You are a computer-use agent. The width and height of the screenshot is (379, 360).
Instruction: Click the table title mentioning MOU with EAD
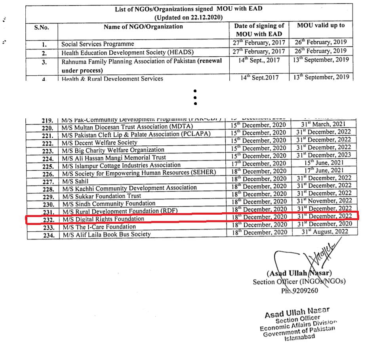tap(189, 9)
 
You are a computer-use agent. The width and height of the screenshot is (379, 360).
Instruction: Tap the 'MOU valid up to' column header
tap(321, 25)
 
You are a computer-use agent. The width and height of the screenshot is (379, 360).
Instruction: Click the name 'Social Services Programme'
tap(97, 44)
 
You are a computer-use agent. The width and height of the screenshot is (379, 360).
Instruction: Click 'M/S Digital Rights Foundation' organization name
tap(103, 219)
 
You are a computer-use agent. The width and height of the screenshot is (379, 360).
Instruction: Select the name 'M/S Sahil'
tap(75, 181)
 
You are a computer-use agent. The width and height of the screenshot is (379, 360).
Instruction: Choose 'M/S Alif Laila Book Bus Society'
tap(106, 234)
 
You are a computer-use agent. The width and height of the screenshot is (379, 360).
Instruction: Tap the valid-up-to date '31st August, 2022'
tap(325, 231)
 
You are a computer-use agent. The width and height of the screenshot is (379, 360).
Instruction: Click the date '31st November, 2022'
tap(324, 201)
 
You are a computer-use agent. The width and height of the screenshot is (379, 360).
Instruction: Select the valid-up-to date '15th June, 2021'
tap(324, 163)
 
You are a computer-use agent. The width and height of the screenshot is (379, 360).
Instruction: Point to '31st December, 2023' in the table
tap(324, 155)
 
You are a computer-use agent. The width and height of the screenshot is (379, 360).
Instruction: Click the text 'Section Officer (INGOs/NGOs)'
tap(299, 282)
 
